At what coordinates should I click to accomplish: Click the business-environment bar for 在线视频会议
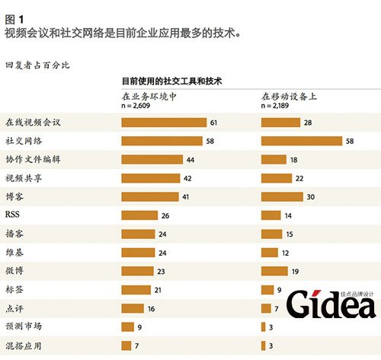click(164, 123)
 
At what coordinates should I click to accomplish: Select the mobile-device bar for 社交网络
click(302, 141)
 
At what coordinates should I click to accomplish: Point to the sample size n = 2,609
click(139, 107)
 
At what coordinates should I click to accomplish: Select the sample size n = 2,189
click(278, 107)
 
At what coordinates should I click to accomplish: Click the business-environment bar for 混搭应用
click(126, 345)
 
